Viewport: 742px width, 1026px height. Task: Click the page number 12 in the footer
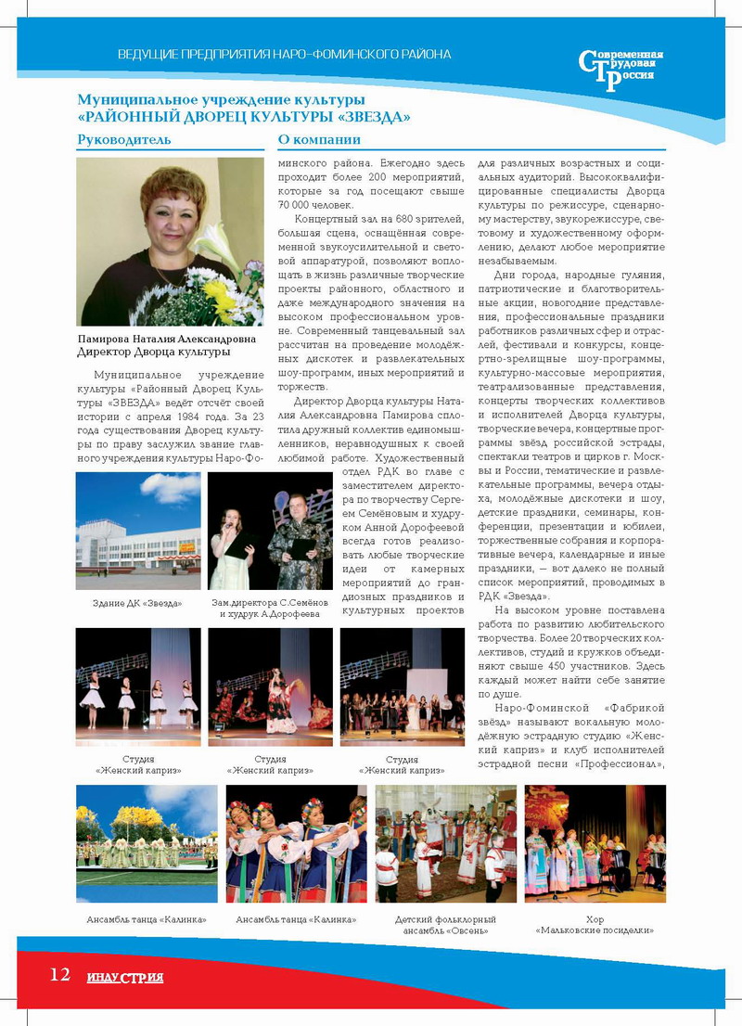(x=59, y=974)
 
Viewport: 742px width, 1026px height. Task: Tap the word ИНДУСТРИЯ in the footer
(x=125, y=977)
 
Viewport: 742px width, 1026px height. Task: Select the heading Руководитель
(x=123, y=140)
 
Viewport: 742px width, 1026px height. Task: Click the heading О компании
(x=319, y=140)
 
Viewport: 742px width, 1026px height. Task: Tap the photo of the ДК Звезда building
(x=137, y=531)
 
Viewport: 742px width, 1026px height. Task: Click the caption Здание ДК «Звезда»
(x=137, y=604)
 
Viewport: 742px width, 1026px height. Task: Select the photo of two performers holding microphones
(x=270, y=531)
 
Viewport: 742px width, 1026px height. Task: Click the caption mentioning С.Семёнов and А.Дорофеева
(x=270, y=609)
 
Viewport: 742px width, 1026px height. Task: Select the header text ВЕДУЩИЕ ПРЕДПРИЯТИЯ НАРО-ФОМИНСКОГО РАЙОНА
(x=284, y=54)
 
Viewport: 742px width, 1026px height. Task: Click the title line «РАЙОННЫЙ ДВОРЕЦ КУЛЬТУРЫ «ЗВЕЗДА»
(x=244, y=117)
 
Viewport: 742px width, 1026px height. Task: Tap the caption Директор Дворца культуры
(x=154, y=353)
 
